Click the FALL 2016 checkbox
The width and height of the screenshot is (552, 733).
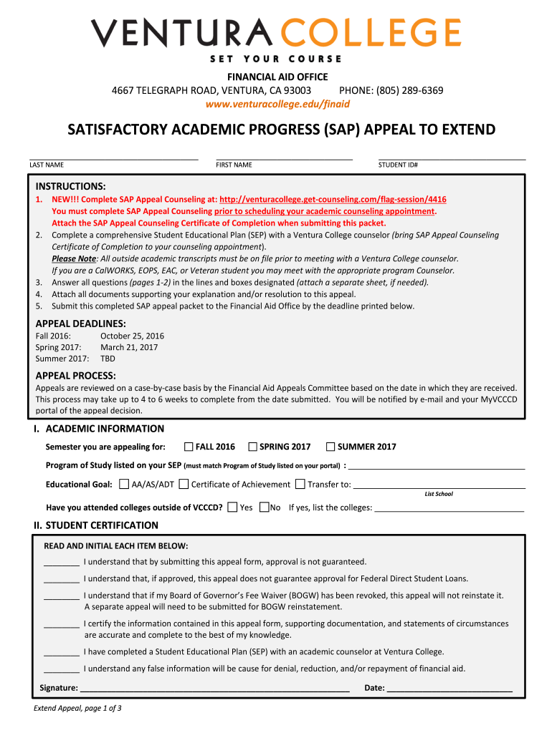189,447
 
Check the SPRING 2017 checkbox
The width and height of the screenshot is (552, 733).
252,447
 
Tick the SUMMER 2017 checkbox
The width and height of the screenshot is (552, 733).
330,447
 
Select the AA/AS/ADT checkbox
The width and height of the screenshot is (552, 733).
125,484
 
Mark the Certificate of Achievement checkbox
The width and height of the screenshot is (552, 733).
184,484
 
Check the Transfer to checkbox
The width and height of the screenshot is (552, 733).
300,484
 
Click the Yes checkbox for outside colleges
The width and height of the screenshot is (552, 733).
232,508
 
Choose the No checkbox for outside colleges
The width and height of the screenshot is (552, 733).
264,508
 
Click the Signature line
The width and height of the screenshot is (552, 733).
215,688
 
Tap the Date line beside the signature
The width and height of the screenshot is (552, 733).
449,688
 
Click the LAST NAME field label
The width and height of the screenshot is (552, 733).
47,165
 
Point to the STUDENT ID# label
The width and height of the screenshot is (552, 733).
398,165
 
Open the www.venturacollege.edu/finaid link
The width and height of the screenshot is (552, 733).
277,104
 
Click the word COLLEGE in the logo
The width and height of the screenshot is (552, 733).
372,34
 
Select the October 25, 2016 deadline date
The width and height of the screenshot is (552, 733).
132,336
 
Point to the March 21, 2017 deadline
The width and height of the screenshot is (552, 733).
129,347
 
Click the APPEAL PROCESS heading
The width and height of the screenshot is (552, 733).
75,375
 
